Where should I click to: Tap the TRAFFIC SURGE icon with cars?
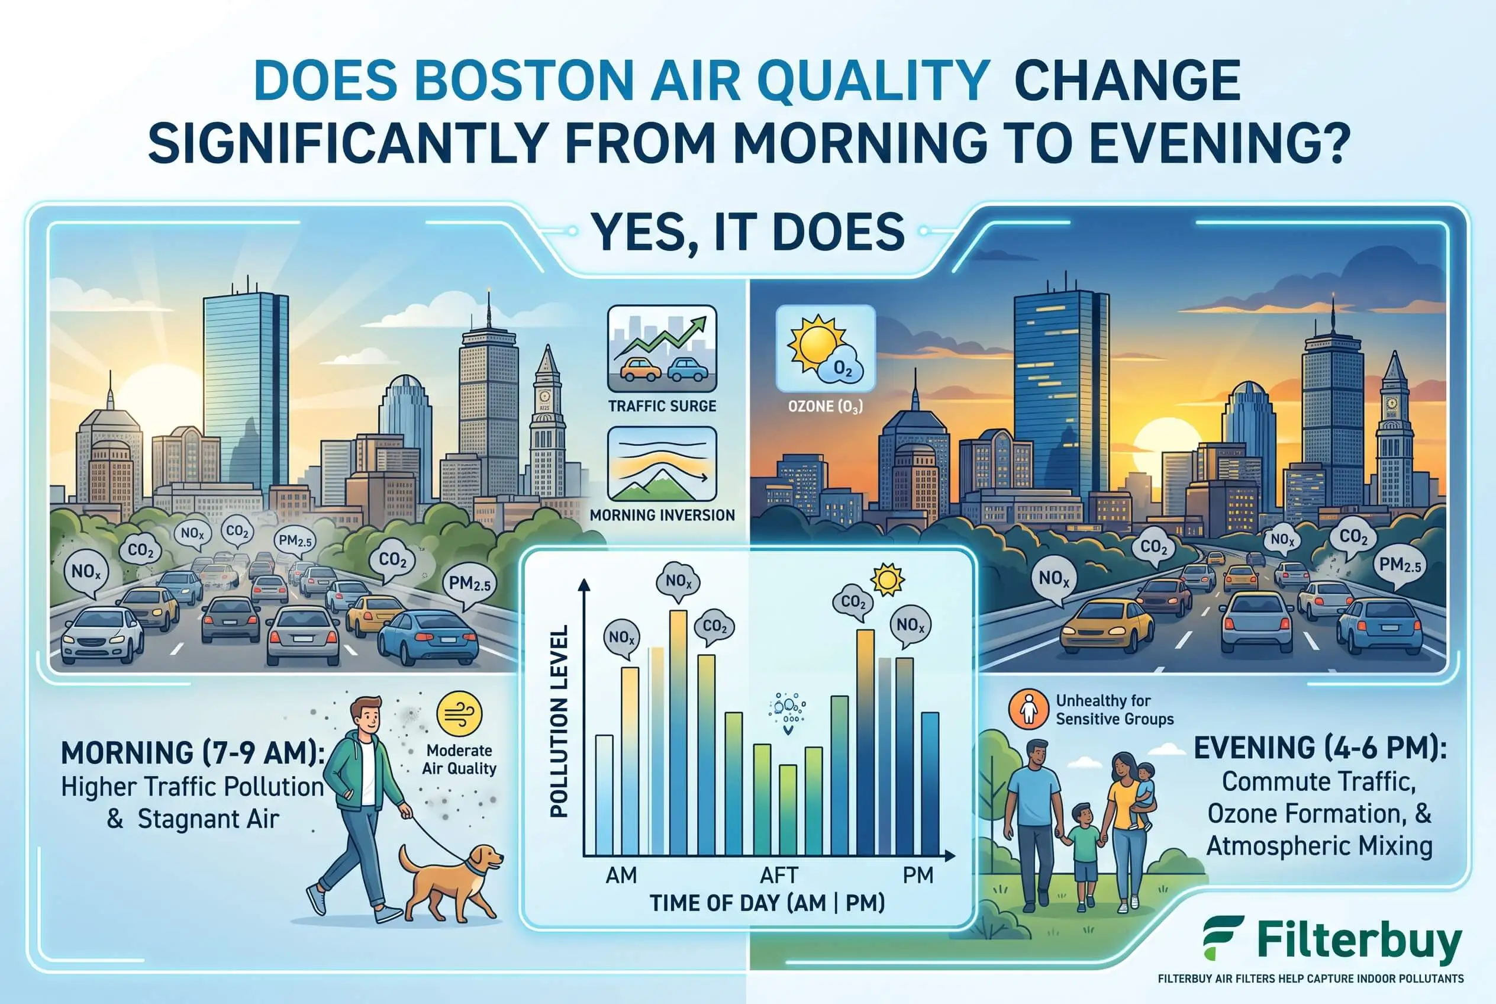(x=662, y=348)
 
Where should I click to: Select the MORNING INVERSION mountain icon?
(x=662, y=464)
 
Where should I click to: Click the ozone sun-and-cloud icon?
(x=825, y=348)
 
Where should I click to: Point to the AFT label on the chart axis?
(x=779, y=875)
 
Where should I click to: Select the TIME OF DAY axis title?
(x=768, y=903)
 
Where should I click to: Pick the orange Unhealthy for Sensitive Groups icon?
(x=1028, y=709)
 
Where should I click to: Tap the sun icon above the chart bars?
(x=887, y=579)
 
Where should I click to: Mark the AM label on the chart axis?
(x=621, y=875)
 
